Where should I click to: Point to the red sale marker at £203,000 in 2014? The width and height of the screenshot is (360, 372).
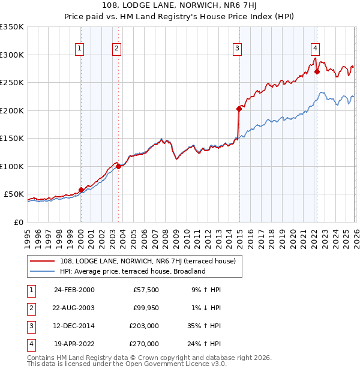tap(239, 109)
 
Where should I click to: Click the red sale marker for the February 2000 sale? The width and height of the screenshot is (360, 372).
tap(81, 190)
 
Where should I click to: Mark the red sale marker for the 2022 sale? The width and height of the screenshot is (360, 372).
tap(316, 71)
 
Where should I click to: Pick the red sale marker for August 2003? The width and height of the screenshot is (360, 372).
tap(119, 167)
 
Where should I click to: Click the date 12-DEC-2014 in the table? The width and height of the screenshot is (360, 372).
tap(74, 326)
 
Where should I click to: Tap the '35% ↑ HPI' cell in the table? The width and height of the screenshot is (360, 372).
tap(203, 326)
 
